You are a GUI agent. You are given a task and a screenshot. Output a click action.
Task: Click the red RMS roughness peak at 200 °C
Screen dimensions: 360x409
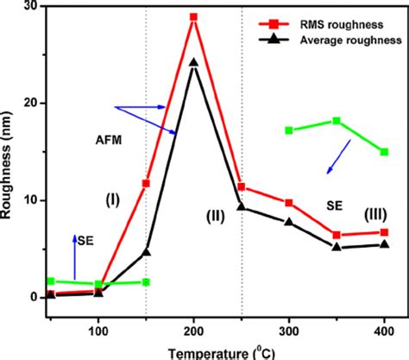pos(194,16)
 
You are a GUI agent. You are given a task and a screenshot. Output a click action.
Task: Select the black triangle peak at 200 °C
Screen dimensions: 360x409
pos(194,62)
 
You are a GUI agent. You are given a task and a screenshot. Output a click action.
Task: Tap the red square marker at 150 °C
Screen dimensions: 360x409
pos(146,183)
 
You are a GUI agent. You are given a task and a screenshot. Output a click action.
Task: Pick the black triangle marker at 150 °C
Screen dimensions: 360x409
pos(146,252)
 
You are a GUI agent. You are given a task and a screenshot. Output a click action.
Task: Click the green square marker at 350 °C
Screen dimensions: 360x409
pos(337,121)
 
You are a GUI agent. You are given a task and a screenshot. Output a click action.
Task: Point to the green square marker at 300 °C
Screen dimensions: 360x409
pos(289,130)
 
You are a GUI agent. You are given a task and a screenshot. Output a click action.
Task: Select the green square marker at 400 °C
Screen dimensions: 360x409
pos(384,152)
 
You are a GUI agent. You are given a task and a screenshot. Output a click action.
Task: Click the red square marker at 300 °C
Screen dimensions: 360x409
pos(289,203)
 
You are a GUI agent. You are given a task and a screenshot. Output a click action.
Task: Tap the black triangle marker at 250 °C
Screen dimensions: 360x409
pos(242,206)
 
